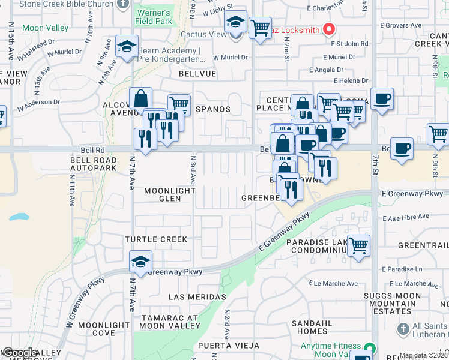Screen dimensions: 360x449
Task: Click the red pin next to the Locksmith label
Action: tap(328, 28)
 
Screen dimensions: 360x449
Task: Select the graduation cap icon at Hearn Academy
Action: tap(127, 46)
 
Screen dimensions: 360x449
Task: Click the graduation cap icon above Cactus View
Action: tap(236, 22)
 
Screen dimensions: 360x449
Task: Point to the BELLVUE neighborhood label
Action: tap(197, 73)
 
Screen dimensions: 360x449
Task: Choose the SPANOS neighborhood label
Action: tap(213, 109)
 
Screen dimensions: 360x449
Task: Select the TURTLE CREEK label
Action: tap(156, 239)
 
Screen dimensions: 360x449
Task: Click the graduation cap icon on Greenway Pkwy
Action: tap(140, 262)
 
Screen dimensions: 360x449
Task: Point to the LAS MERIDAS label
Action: tap(197, 297)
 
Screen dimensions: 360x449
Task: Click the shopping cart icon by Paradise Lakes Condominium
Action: tap(358, 245)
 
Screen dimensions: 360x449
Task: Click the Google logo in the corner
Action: tap(19, 353)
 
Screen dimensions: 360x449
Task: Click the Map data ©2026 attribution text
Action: tap(423, 355)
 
